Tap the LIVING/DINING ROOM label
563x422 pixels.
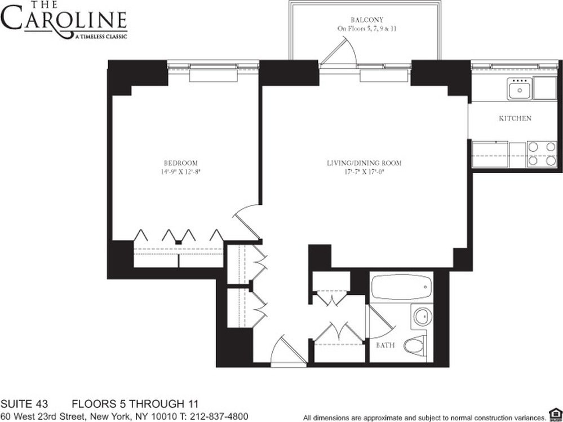pos(364,164)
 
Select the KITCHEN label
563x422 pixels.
pos(515,118)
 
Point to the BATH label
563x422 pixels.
pos(386,345)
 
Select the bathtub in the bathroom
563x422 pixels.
pos(401,288)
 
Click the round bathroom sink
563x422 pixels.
pos(422,316)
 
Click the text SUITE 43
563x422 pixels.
pos(24,404)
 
